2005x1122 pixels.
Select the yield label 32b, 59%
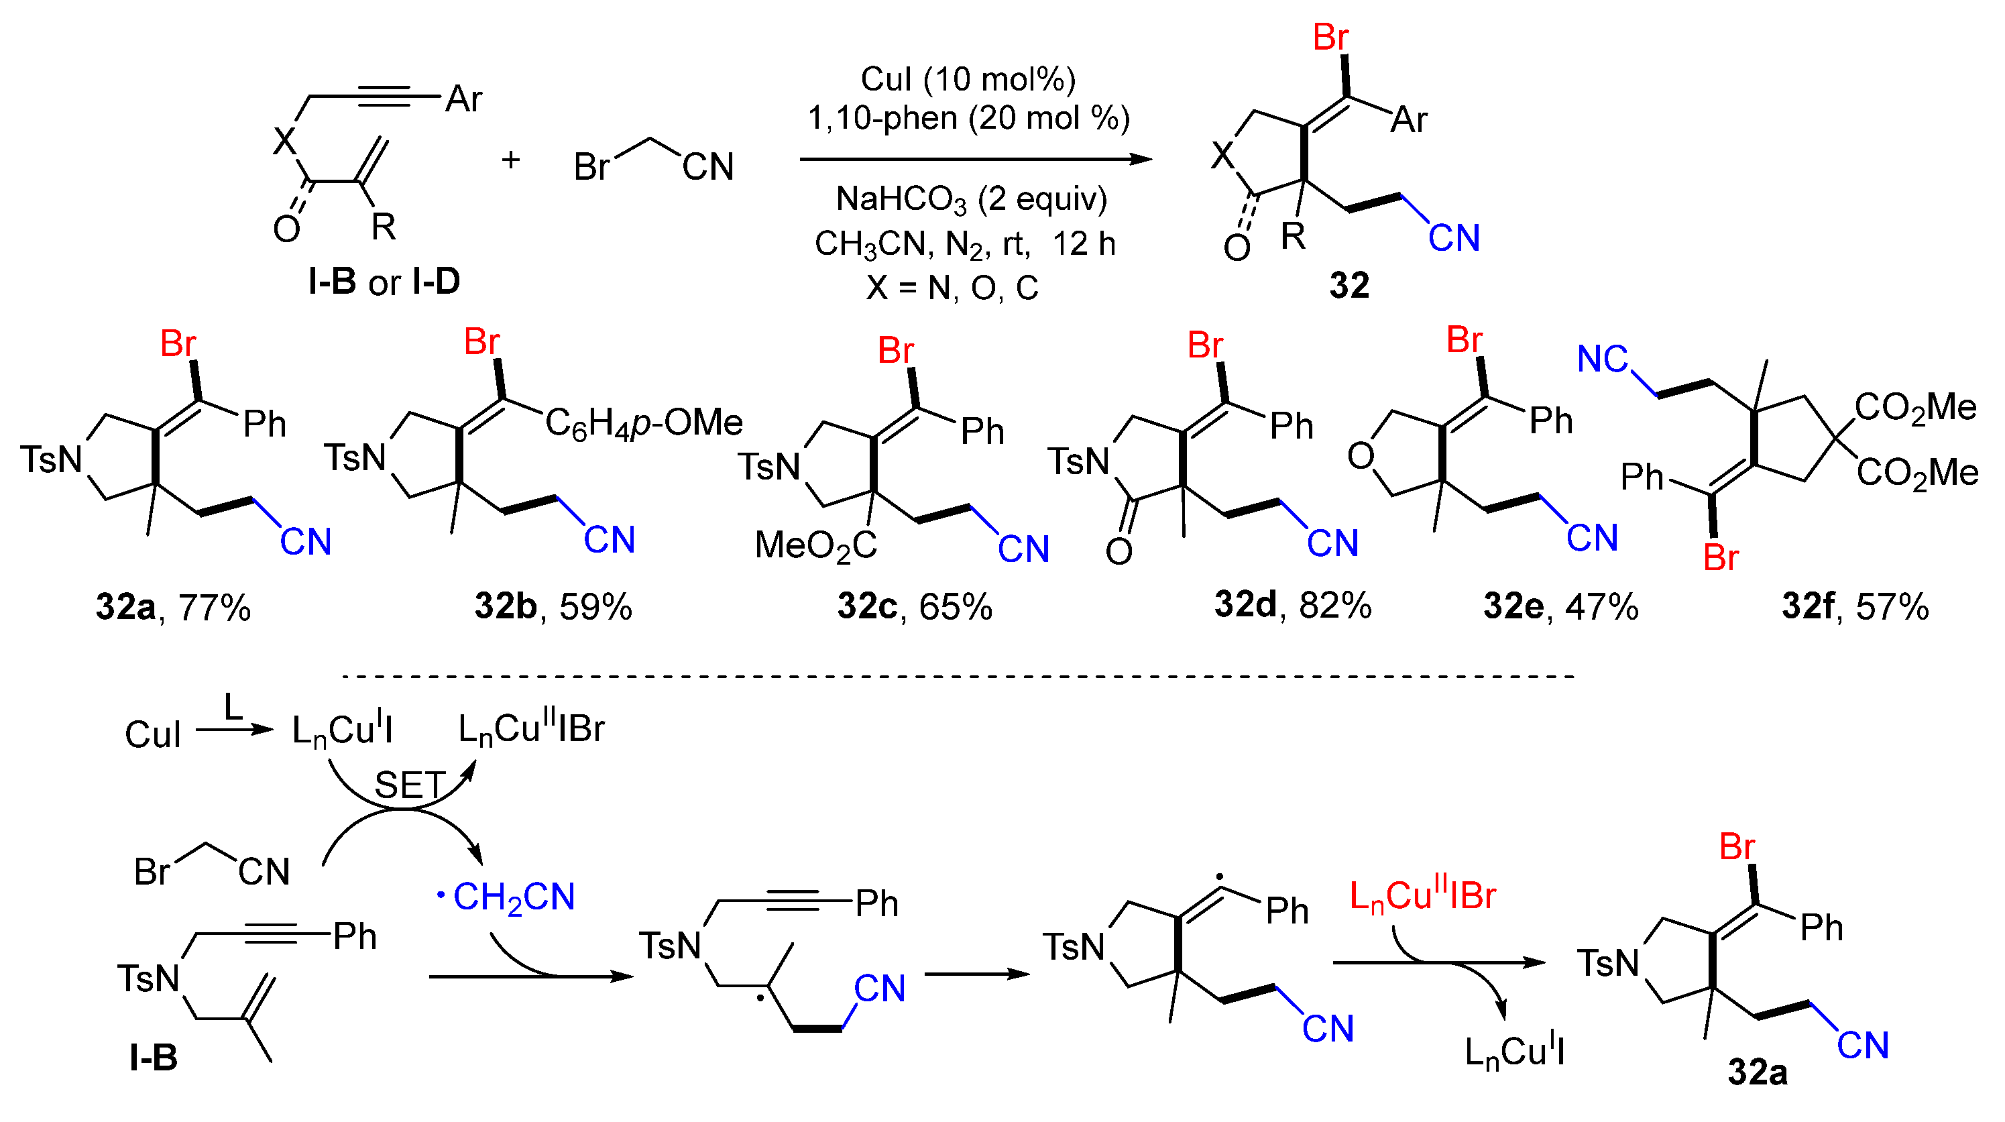[553, 606]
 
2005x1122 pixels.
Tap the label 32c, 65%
[915, 606]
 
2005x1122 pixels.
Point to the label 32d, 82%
[1293, 605]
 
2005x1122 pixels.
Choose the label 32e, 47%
[1560, 606]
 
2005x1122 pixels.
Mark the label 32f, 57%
[1855, 606]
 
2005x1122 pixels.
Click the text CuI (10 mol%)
[968, 79]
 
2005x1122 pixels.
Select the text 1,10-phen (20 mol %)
[968, 118]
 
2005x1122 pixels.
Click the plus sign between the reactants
[510, 160]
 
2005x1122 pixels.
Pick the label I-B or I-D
[384, 282]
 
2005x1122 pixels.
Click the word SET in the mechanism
[410, 785]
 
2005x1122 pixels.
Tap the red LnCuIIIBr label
[1422, 895]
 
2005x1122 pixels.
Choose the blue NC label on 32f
[1602, 359]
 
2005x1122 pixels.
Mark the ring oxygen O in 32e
[1361, 455]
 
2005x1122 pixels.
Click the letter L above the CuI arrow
[233, 707]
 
